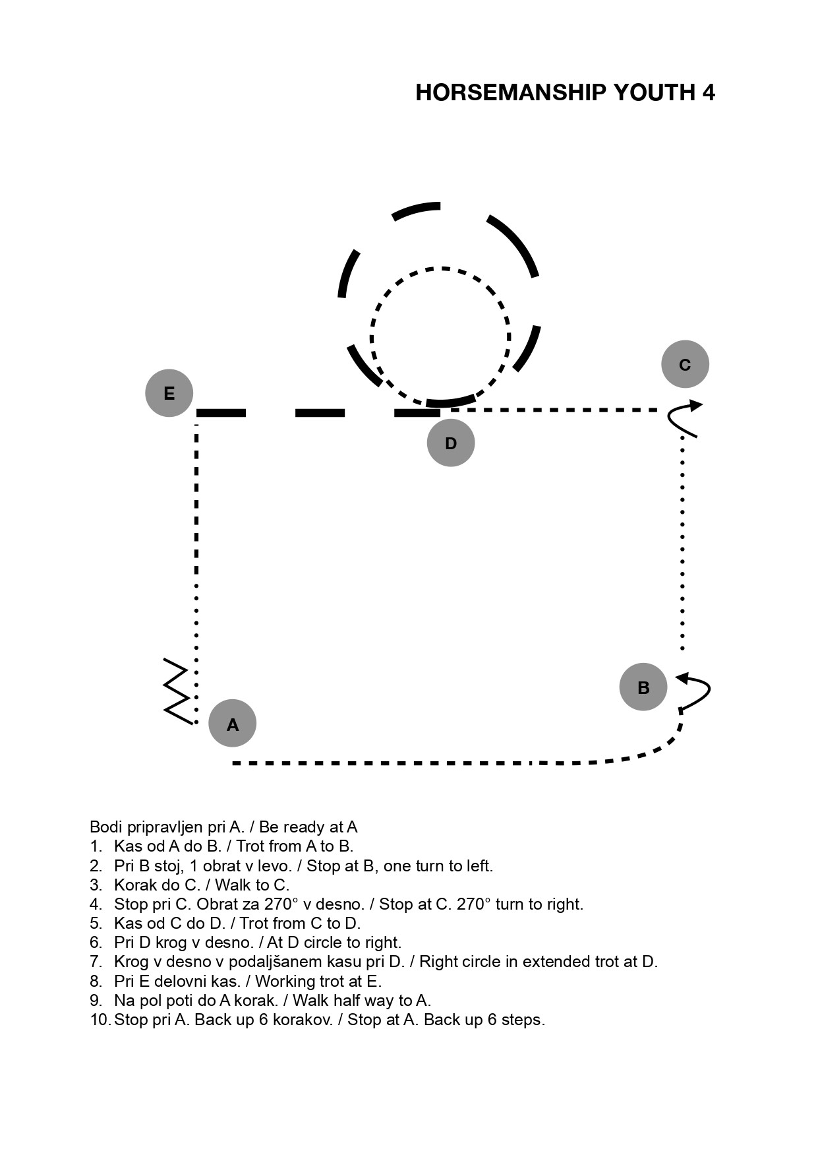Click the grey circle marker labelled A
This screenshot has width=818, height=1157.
tap(233, 724)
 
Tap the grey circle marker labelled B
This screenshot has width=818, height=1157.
tap(643, 687)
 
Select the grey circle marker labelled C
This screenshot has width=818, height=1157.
tap(685, 364)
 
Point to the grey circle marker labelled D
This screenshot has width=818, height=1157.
tap(451, 443)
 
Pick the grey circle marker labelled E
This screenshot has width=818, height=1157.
tap(169, 393)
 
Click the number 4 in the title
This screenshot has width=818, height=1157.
tap(708, 92)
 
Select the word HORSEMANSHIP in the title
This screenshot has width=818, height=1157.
tap(511, 92)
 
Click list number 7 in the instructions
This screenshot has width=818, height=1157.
tap(96, 962)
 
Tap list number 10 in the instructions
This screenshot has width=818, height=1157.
tap(100, 1020)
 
